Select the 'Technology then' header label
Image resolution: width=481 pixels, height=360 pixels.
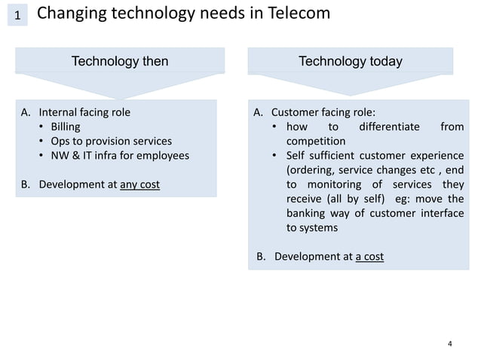[119, 61]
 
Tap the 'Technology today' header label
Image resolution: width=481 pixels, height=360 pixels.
[351, 61]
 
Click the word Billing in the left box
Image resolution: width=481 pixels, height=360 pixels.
[65, 127]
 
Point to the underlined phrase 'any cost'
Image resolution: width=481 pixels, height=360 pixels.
[139, 184]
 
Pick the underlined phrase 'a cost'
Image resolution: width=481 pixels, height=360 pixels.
[369, 256]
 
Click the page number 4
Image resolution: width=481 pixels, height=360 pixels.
[450, 344]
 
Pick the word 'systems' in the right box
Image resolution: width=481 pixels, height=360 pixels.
[319, 227]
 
